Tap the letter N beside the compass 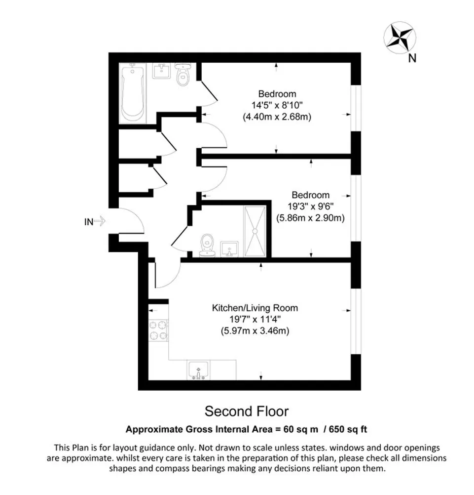coord(412,59)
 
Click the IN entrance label coord(88,222)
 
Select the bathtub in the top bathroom coord(133,93)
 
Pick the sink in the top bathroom coord(161,72)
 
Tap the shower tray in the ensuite coord(255,230)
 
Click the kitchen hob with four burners coord(158,330)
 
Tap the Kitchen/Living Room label coord(255,308)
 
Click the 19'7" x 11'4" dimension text coord(255,320)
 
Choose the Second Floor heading coord(247,411)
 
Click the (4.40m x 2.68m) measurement coord(278,117)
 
